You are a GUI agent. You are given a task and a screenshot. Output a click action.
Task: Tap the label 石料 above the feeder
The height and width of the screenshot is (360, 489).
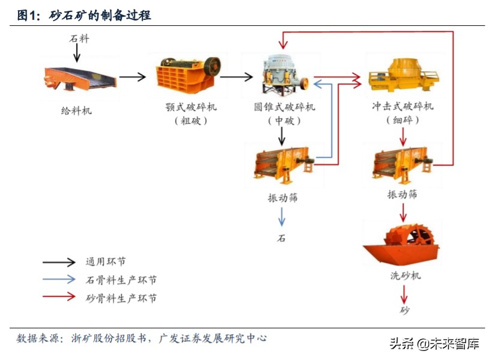[79, 39]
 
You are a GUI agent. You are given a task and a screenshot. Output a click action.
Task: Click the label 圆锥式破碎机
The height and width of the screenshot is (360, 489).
[284, 107]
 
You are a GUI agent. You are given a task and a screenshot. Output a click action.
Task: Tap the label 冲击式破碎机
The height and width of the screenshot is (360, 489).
[402, 106]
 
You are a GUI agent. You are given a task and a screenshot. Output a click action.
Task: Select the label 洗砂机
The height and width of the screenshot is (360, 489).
[404, 275]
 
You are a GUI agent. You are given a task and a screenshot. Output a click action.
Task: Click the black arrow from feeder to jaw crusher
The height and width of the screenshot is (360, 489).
[133, 76]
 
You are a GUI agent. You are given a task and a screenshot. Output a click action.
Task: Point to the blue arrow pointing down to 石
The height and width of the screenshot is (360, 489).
[281, 216]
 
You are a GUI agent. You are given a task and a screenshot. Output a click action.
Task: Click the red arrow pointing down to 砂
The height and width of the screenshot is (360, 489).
[404, 294]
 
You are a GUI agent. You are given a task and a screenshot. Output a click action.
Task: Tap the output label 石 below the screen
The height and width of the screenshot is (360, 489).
[281, 238]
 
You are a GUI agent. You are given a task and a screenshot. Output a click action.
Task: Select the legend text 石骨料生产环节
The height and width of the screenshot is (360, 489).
[121, 280]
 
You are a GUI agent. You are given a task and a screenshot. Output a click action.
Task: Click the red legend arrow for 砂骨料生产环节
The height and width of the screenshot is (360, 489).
[59, 296]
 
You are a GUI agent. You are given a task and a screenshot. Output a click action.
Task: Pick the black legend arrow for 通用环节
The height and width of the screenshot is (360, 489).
[59, 262]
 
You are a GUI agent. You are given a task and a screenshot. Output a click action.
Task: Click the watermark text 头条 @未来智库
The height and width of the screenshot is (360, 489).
[433, 344]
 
